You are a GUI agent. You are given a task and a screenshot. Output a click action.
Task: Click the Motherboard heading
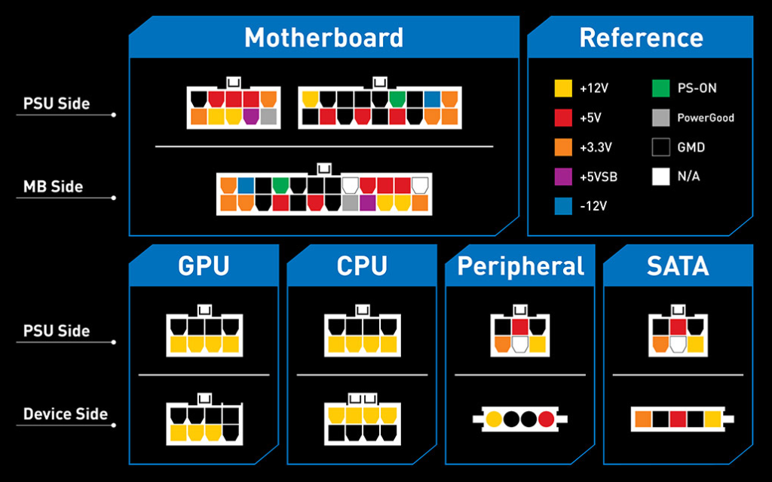(x=323, y=38)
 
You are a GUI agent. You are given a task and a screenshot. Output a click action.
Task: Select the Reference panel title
(x=641, y=38)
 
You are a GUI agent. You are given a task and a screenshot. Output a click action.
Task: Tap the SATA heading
(x=678, y=266)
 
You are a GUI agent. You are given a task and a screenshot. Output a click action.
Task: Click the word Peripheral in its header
(x=520, y=267)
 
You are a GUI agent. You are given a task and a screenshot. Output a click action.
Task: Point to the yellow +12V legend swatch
(x=563, y=88)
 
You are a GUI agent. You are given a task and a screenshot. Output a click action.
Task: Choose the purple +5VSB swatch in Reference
(x=563, y=177)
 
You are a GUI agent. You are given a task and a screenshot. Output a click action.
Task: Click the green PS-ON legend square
(x=660, y=88)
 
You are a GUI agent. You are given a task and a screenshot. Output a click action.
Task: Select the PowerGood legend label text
(x=706, y=118)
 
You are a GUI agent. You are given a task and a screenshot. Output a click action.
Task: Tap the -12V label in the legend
(x=593, y=206)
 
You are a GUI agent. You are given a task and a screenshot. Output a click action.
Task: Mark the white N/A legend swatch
(x=660, y=177)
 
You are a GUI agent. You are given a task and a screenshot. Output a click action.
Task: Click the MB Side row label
(x=54, y=187)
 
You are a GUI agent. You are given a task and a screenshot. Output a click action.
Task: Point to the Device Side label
(x=66, y=414)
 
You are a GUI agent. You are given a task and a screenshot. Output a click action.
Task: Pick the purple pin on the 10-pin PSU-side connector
(x=250, y=116)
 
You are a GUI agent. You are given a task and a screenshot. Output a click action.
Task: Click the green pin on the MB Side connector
(x=280, y=186)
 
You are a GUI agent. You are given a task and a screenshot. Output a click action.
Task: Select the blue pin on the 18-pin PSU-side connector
(x=432, y=99)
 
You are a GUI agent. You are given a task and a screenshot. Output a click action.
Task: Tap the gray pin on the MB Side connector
(x=350, y=203)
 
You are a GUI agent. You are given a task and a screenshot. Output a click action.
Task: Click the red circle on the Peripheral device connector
(x=546, y=419)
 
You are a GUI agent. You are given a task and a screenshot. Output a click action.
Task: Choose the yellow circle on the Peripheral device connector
(x=494, y=419)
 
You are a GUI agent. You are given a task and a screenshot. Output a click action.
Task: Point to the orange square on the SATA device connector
(x=643, y=419)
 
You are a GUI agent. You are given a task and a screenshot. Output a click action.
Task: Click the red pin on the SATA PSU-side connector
(x=678, y=327)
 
